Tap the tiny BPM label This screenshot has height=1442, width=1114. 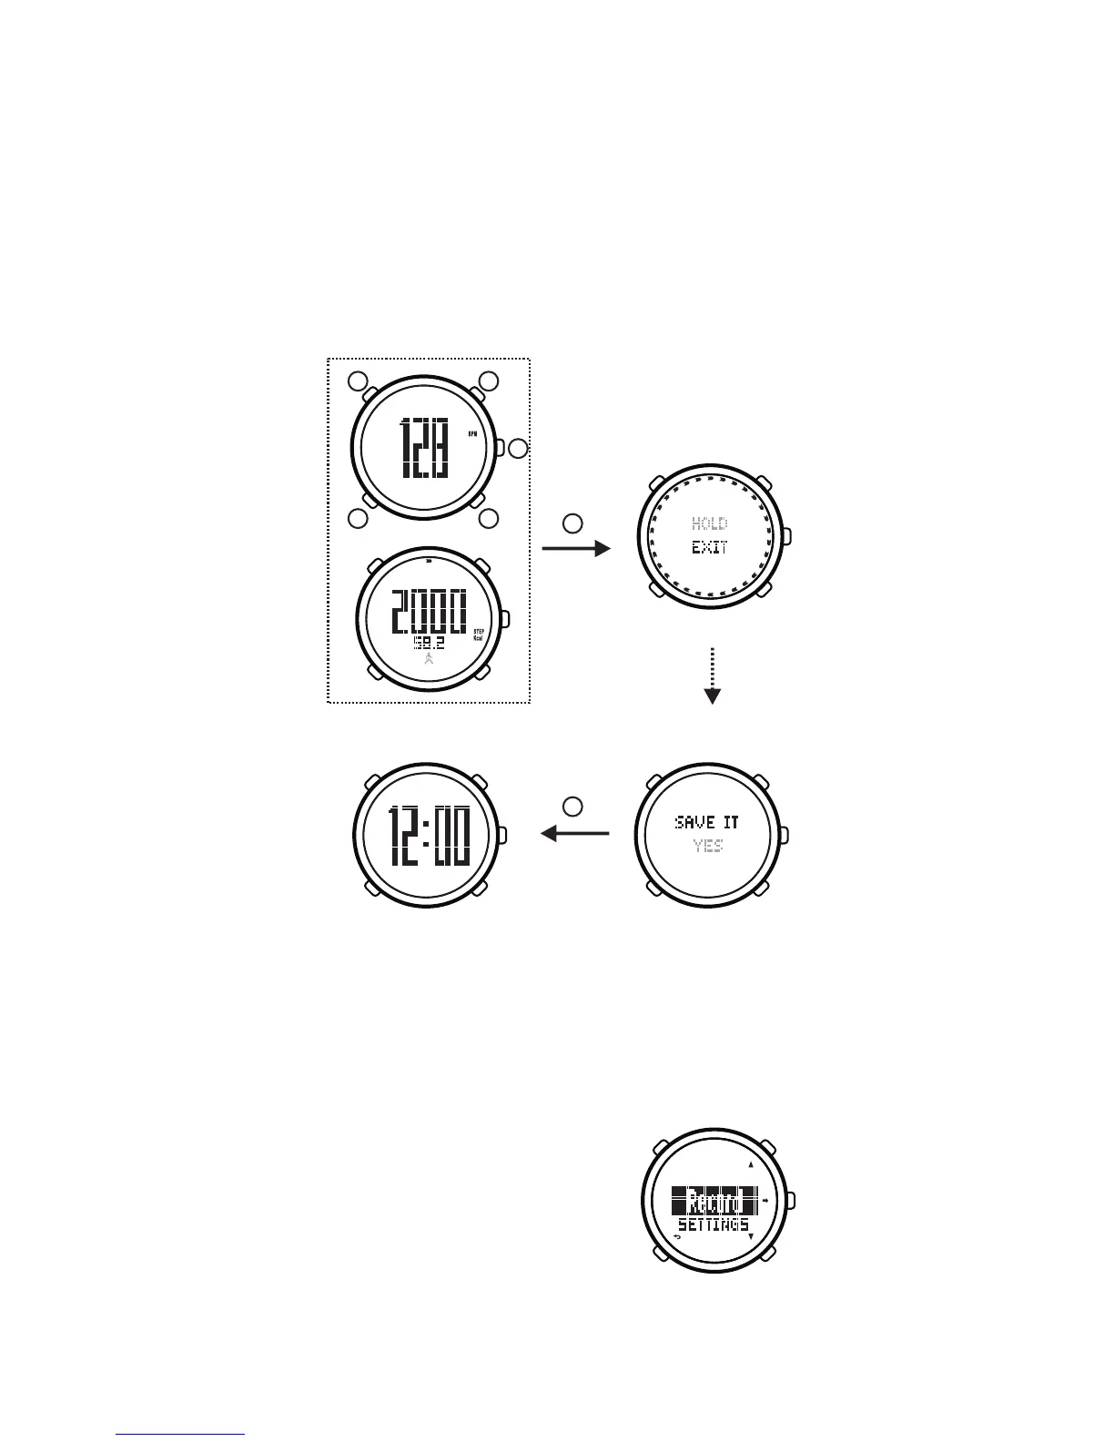click(472, 433)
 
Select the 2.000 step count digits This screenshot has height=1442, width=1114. click(429, 611)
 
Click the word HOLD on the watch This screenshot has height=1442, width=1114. click(709, 523)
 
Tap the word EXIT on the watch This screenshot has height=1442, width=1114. click(709, 548)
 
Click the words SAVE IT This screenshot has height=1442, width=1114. click(707, 822)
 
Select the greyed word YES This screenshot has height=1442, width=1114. click(707, 846)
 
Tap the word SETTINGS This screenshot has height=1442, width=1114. click(714, 1225)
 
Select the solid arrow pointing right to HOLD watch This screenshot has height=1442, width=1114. click(575, 548)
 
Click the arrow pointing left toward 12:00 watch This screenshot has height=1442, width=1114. click(575, 832)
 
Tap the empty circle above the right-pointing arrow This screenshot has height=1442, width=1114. click(572, 523)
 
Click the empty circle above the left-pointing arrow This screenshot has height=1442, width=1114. click(572, 806)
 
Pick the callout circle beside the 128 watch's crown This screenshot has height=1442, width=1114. click(518, 449)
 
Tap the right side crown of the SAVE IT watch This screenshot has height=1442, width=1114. click(785, 835)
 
